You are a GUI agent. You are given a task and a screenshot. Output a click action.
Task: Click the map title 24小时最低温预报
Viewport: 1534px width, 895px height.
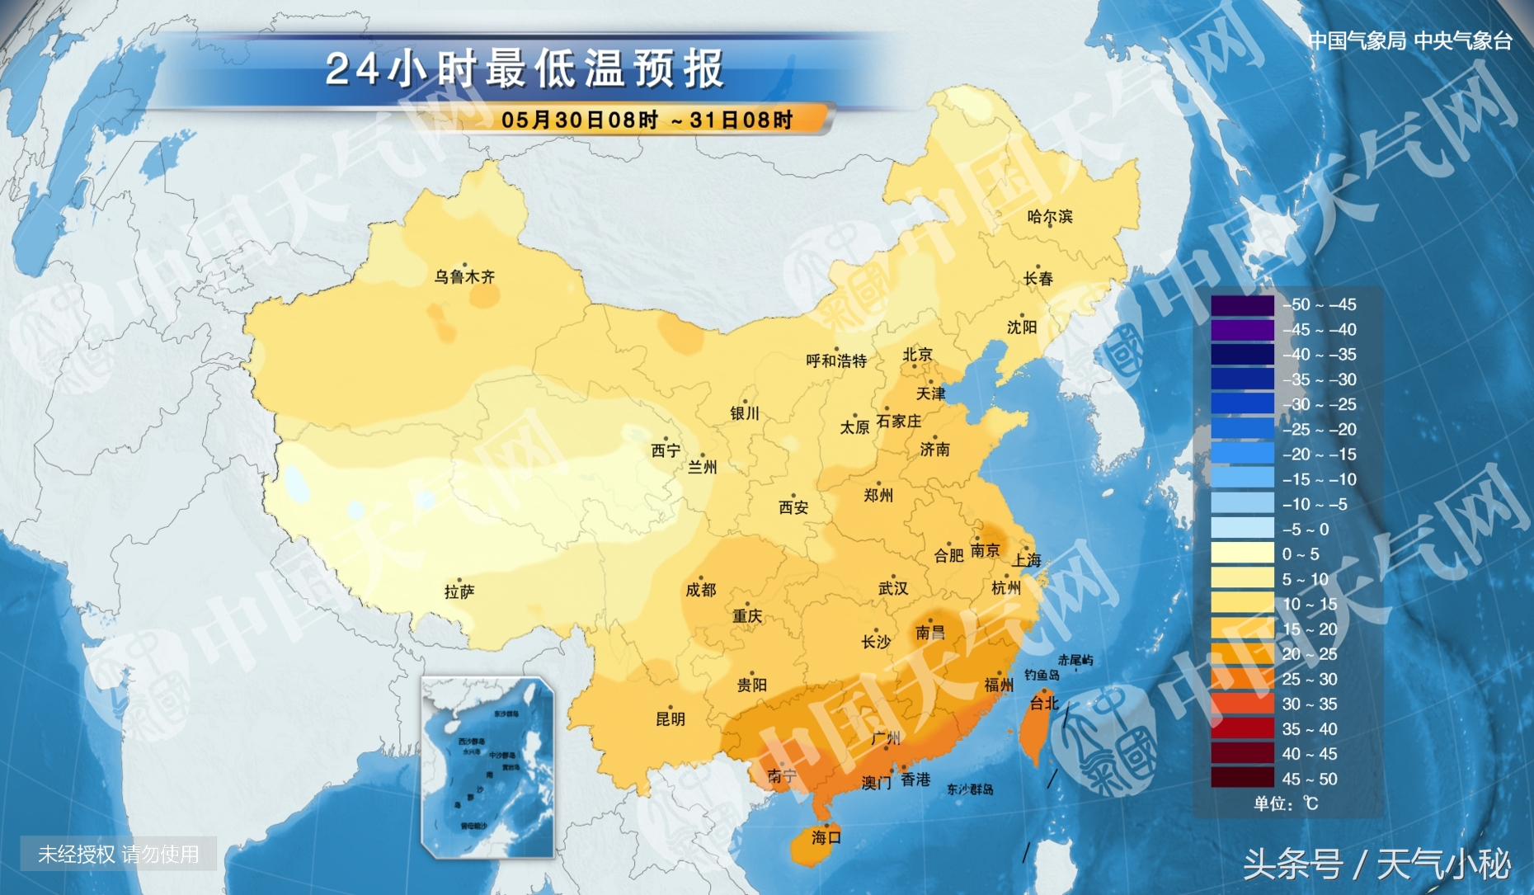[x=525, y=68]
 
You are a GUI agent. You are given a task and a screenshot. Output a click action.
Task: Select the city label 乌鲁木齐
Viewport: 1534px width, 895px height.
[x=464, y=277]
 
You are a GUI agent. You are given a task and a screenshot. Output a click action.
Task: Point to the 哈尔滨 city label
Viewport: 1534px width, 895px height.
[x=1049, y=217]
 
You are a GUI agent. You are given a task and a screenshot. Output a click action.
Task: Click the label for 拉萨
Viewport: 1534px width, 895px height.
[x=459, y=591]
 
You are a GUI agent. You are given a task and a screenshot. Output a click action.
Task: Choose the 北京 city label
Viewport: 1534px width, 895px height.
[x=917, y=355]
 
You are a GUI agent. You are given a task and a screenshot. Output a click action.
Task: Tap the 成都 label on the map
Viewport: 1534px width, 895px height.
[x=700, y=590]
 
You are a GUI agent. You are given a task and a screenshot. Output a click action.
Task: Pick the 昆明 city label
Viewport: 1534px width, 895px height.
[x=670, y=718]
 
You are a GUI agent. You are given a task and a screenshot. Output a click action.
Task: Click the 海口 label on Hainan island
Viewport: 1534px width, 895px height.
[x=826, y=837]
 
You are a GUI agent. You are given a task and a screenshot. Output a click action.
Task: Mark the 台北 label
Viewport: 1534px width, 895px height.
[x=1043, y=703]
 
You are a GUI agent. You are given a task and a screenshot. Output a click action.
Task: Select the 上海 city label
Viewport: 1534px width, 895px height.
[x=1027, y=560]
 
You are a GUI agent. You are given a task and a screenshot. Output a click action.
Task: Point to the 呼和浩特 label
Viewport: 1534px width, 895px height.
[x=836, y=360]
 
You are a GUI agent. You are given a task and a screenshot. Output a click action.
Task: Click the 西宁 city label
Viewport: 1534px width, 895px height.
[x=666, y=450]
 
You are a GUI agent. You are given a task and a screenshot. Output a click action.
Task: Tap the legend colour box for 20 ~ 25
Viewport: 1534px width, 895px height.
[x=1242, y=654]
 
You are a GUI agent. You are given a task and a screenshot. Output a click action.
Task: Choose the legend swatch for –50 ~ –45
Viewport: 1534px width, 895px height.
[x=1242, y=305]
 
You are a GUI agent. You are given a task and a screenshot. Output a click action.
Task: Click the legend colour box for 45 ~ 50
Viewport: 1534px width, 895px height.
[x=1242, y=779]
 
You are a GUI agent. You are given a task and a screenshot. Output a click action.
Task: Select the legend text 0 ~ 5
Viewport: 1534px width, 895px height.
[x=1300, y=554]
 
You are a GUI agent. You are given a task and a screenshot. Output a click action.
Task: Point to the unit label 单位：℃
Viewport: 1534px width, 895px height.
[x=1286, y=803]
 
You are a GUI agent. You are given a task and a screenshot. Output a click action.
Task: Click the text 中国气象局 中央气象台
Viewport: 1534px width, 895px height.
[x=1409, y=40]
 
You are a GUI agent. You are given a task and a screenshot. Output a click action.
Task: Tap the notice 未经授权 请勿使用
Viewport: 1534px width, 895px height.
[x=119, y=854]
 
